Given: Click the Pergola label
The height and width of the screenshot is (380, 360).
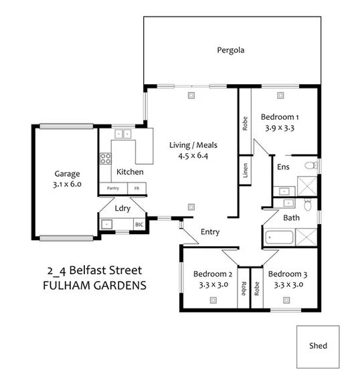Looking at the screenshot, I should click(231, 50).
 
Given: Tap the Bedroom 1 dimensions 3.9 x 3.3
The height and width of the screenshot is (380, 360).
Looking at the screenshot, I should click(280, 126).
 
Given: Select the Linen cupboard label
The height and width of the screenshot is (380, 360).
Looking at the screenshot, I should click(246, 169).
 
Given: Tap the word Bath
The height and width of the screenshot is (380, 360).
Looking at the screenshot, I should click(291, 218).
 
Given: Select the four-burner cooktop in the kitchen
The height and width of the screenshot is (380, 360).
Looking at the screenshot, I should click(105, 159).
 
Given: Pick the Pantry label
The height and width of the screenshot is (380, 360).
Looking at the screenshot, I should click(112, 189).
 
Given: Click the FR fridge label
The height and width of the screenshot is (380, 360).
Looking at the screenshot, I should click(137, 189).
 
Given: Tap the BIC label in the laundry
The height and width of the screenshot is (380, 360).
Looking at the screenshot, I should click(139, 224).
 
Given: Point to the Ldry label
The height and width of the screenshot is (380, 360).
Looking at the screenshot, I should click(122, 208).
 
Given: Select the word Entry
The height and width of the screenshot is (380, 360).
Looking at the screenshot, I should click(210, 232).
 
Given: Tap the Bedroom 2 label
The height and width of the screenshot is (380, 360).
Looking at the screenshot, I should click(213, 274).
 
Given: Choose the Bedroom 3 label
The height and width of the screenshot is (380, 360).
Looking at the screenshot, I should click(288, 274).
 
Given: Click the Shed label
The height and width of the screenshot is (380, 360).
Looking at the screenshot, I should click(318, 347).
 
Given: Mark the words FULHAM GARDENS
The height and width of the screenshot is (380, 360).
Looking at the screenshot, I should click(94, 285).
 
